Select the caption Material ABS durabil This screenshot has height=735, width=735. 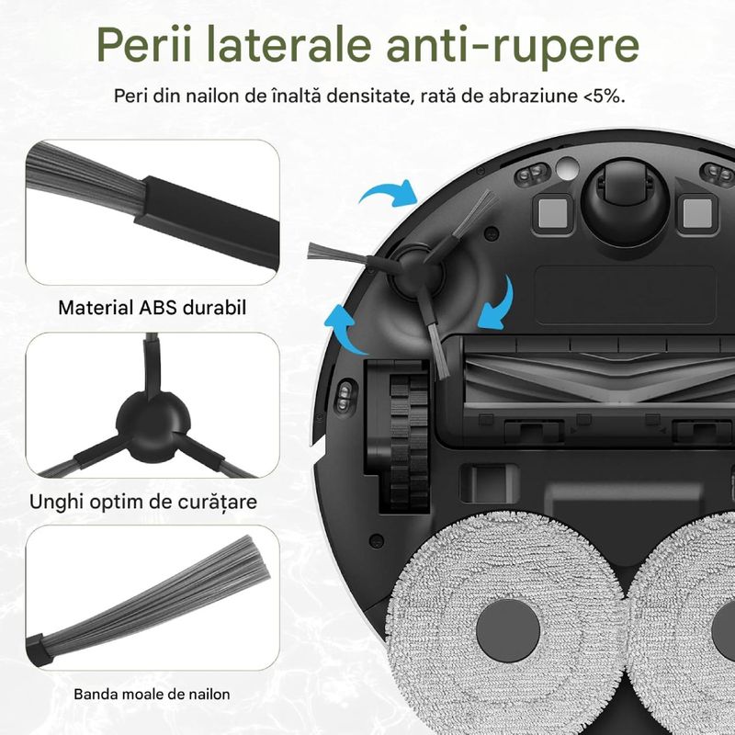coord(152,307)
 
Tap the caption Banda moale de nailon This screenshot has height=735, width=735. coord(152,694)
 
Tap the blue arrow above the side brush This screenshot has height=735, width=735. coord(387,195)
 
